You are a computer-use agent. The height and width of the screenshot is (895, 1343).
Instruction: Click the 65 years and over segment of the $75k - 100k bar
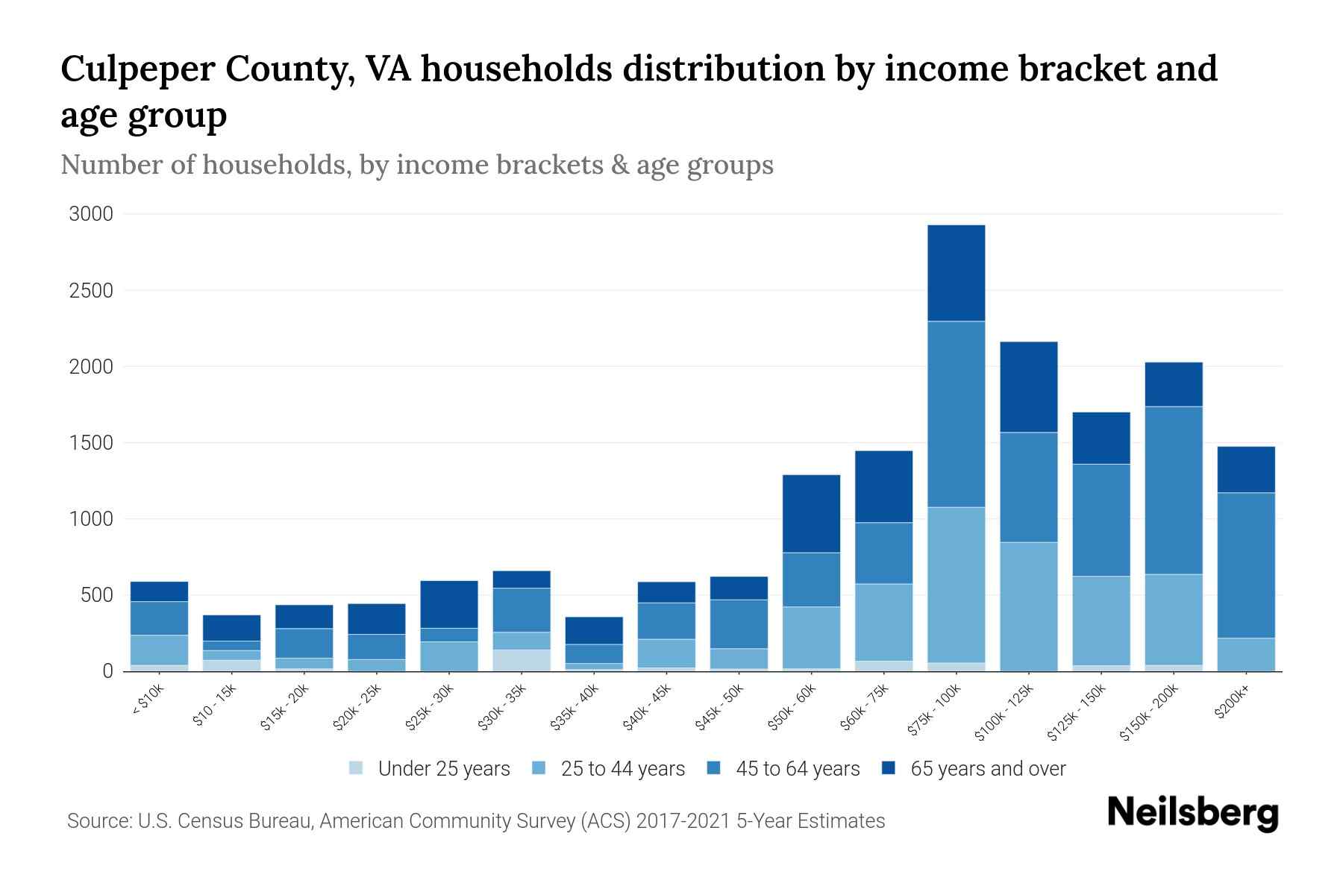coord(956,273)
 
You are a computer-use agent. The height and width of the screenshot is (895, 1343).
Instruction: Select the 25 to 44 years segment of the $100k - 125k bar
coord(1028,606)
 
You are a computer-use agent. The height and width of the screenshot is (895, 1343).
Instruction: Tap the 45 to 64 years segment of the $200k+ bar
coord(1246,565)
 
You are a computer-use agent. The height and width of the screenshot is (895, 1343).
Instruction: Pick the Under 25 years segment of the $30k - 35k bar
coord(521,660)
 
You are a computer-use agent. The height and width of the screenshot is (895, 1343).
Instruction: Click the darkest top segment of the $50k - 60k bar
coord(811,513)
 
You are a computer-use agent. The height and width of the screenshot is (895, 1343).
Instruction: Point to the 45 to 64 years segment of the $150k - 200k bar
coord(1174,490)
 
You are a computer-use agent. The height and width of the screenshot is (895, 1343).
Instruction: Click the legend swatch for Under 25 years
coord(356,767)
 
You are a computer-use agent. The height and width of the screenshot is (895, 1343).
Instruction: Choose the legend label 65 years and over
coord(988,769)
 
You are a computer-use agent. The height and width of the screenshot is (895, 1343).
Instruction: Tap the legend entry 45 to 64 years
coord(798,769)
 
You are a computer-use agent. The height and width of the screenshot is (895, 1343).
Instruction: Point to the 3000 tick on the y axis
coord(91,215)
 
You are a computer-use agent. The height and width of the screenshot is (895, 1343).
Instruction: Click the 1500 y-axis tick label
coord(91,443)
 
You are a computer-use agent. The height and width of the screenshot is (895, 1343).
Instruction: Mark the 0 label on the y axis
coord(107,671)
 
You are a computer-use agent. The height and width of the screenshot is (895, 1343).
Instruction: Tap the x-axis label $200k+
coord(1231,703)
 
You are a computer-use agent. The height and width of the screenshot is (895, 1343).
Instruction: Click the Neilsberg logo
coord(1192,814)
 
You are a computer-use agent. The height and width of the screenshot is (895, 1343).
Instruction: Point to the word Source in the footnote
coord(98,821)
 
